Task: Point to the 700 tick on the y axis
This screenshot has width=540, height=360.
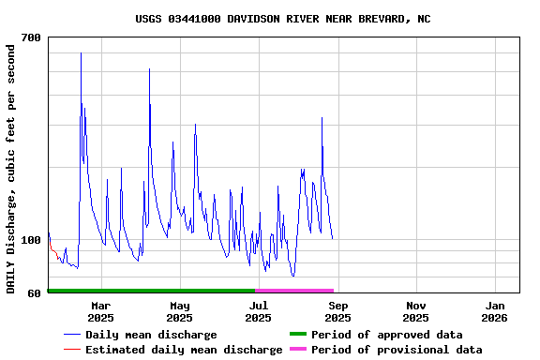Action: pyautogui.click(x=31, y=37)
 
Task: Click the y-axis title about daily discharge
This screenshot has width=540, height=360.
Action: pyautogui.click(x=11, y=168)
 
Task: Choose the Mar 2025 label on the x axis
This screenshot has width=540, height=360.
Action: pyautogui.click(x=100, y=311)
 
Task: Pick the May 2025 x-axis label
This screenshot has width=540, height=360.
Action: pyautogui.click(x=180, y=311)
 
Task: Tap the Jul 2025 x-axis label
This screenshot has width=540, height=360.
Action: pyautogui.click(x=258, y=311)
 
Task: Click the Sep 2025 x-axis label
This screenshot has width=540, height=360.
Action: pyautogui.click(x=337, y=311)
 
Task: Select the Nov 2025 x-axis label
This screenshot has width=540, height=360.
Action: pyautogui.click(x=416, y=311)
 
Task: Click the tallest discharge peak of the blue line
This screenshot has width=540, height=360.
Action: pyautogui.click(x=81, y=53)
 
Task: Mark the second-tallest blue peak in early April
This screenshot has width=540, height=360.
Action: pyautogui.click(x=149, y=69)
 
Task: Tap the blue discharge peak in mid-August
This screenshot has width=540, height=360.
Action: pyautogui.click(x=322, y=118)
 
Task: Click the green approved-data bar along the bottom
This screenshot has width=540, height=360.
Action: pyautogui.click(x=150, y=291)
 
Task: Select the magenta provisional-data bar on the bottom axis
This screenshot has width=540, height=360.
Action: pyautogui.click(x=294, y=291)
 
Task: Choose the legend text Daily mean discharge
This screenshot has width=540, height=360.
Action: pyautogui.click(x=151, y=335)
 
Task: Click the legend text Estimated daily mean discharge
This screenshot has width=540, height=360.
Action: pyautogui.click(x=184, y=350)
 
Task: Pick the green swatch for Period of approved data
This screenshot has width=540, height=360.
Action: pyautogui.click(x=298, y=335)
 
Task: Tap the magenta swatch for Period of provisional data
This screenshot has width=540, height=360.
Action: pyautogui.click(x=298, y=350)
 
